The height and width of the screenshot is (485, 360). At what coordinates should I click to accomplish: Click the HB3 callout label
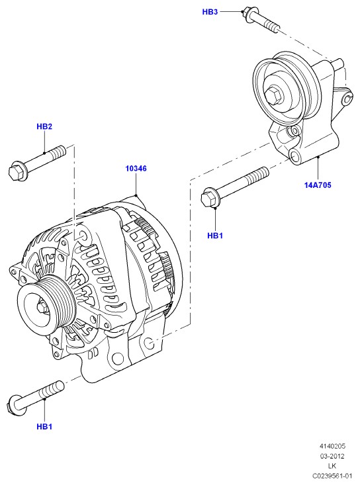(210, 12)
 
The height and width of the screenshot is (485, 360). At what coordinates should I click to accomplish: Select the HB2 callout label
(44, 126)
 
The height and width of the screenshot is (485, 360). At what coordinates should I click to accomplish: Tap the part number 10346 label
(136, 169)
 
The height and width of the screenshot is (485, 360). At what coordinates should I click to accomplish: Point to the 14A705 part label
(318, 185)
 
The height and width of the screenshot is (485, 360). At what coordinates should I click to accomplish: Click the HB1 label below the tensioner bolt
(215, 236)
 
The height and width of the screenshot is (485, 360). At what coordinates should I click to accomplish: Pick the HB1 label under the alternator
(44, 427)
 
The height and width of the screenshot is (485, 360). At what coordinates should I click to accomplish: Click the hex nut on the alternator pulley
(42, 307)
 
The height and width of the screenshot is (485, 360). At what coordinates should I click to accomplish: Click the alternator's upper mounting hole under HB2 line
(83, 237)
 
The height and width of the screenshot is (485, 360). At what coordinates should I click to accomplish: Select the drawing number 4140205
(332, 446)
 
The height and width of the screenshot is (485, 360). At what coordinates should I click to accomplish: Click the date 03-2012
(332, 456)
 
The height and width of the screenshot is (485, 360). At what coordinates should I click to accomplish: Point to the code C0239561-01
(332, 476)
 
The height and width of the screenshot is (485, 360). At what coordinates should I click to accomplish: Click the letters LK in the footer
(332, 466)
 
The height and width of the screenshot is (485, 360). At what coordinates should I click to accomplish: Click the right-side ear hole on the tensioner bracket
(347, 99)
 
